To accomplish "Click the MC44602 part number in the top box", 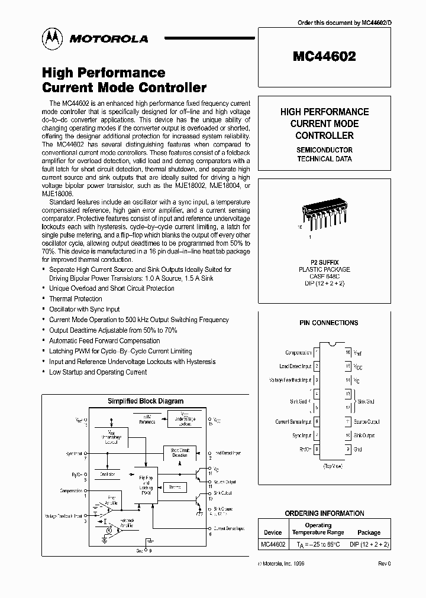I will pyautogui.click(x=324, y=57).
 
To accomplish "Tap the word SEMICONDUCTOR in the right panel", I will pyautogui.click(x=324, y=150).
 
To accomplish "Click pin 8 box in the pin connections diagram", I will pyautogui.click(x=317, y=449).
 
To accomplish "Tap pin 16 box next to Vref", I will pyautogui.click(x=347, y=353).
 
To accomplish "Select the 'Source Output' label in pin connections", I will pyautogui.click(x=367, y=422).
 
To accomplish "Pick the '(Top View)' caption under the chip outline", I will pyautogui.click(x=332, y=467).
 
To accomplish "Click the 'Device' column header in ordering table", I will pyautogui.click(x=272, y=532).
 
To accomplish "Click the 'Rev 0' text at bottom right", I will pyautogui.click(x=384, y=564).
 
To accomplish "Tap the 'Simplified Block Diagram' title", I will pyautogui.click(x=146, y=401).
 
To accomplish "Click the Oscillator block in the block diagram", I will pyautogui.click(x=108, y=474).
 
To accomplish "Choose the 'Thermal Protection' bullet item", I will pyautogui.click(x=76, y=299).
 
